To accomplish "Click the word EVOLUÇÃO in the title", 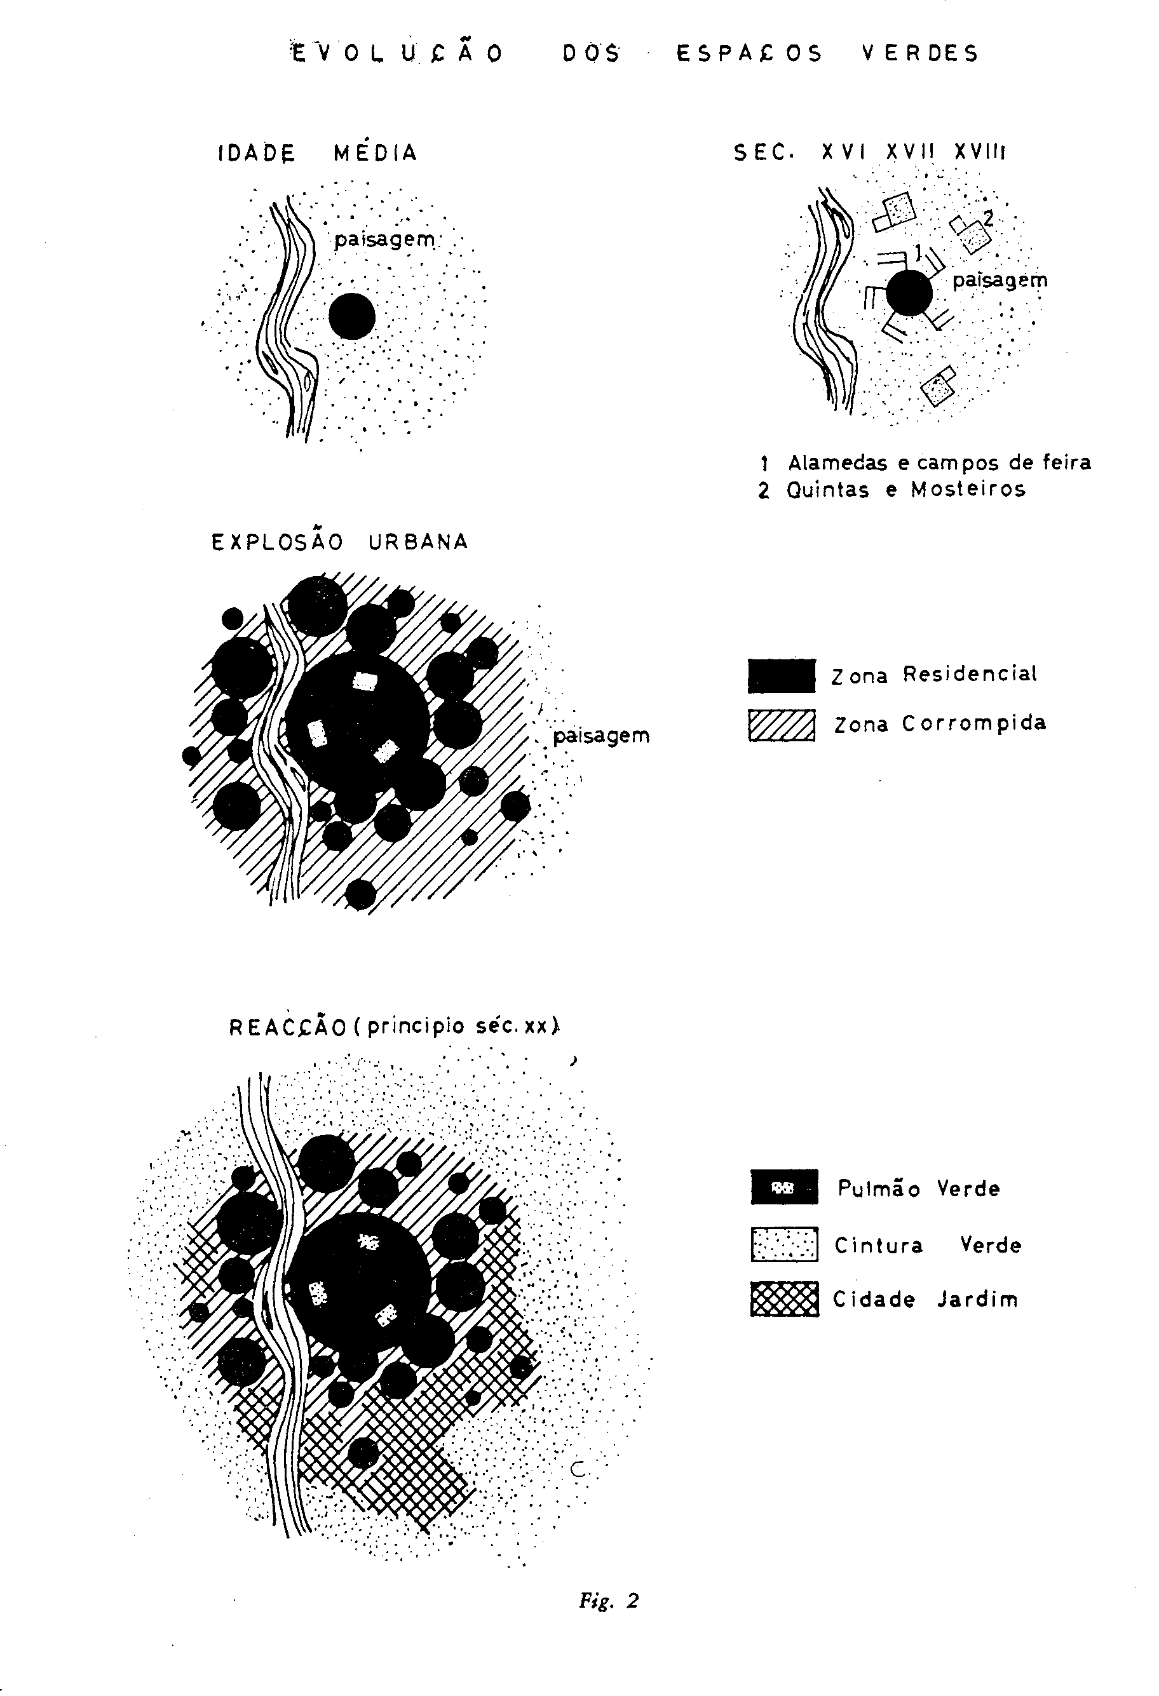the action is [x=397, y=53].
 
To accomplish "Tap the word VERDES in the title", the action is [x=919, y=53].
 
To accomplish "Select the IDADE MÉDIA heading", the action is [x=318, y=152].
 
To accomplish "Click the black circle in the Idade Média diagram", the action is [x=352, y=316].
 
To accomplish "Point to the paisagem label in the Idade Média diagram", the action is [x=384, y=239].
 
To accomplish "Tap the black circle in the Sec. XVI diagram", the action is [x=909, y=293].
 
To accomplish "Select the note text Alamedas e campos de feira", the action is [x=939, y=462].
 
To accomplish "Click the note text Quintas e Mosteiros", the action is [x=905, y=489].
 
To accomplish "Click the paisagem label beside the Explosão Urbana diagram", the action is [x=600, y=736].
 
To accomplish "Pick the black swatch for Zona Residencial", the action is [x=782, y=676].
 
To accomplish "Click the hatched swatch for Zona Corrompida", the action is [x=782, y=725].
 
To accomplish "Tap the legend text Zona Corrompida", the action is [x=940, y=724].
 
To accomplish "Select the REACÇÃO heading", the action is [x=395, y=1026].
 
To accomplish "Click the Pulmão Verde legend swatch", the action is [x=785, y=1188].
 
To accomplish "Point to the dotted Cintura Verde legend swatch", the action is [x=785, y=1244].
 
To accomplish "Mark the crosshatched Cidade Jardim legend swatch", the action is [x=785, y=1299].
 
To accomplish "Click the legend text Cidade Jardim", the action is [x=925, y=1300].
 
